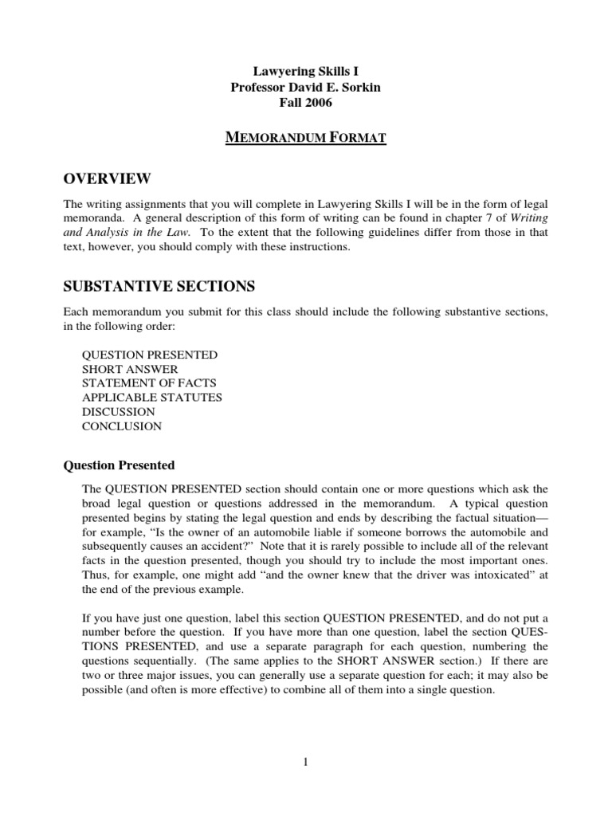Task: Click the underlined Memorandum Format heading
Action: point(305,139)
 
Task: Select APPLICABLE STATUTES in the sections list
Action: point(151,397)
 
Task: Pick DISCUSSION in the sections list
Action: point(118,412)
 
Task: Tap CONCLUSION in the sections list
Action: point(121,426)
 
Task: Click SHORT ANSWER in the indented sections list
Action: point(130,369)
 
